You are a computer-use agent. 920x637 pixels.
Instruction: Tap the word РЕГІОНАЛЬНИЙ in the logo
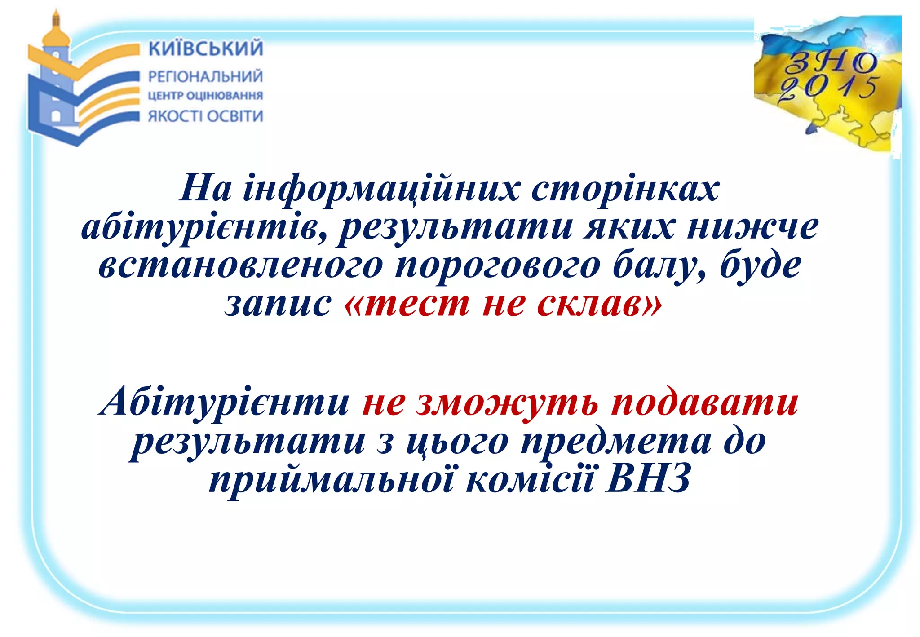[205, 76]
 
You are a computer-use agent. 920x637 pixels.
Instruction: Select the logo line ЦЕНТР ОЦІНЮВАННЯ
[205, 96]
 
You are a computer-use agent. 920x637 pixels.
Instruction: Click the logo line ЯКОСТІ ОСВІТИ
[205, 116]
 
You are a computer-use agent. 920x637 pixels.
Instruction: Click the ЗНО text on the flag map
[830, 62]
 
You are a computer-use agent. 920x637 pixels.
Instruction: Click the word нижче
[752, 226]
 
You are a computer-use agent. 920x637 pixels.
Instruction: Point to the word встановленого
[240, 265]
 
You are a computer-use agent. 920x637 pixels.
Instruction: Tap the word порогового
[497, 265]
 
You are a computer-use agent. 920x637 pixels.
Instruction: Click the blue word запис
[278, 304]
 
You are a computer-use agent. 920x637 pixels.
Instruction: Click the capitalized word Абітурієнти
[225, 401]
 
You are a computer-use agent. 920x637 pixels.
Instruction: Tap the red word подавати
[704, 401]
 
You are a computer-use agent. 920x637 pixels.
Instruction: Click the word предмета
[616, 441]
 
